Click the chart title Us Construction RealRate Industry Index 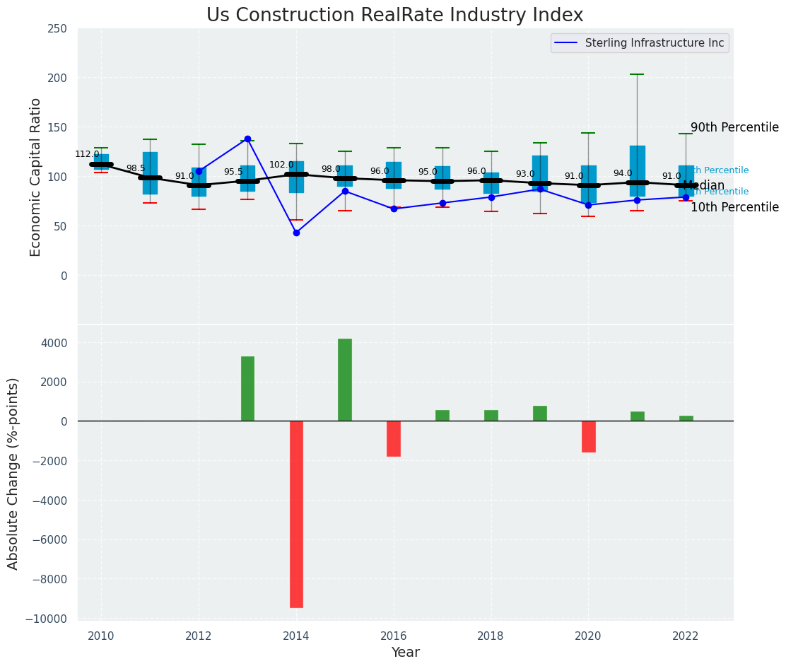(x=394, y=16)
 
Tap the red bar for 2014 (x=296, y=514)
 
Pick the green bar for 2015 (x=345, y=380)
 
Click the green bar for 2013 (x=247, y=389)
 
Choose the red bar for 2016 (x=394, y=438)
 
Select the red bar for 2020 (x=588, y=436)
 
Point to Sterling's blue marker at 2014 (x=296, y=233)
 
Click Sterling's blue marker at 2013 (x=247, y=139)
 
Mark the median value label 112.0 (x=87, y=154)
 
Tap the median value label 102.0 (x=281, y=165)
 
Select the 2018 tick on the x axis (x=491, y=636)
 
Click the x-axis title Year (x=405, y=653)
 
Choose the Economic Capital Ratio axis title (x=35, y=177)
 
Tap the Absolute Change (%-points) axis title (x=13, y=473)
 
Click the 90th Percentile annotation (x=734, y=128)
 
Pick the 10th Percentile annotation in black (x=734, y=208)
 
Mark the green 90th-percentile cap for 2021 (x=637, y=74)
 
